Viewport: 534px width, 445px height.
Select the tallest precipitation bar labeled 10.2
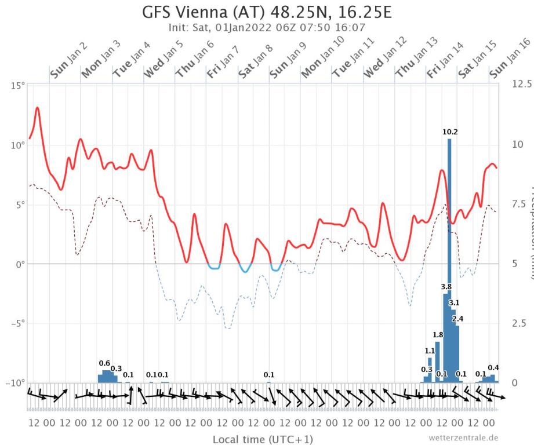449,261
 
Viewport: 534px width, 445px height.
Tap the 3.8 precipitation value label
446,287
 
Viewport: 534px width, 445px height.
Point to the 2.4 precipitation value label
458,319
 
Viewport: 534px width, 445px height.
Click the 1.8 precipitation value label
438,335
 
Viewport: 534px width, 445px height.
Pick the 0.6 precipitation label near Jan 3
104,363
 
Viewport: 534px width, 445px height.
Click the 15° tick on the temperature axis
19,86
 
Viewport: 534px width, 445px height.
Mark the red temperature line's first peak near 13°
38,108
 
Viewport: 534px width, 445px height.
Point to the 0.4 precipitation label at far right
493,368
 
